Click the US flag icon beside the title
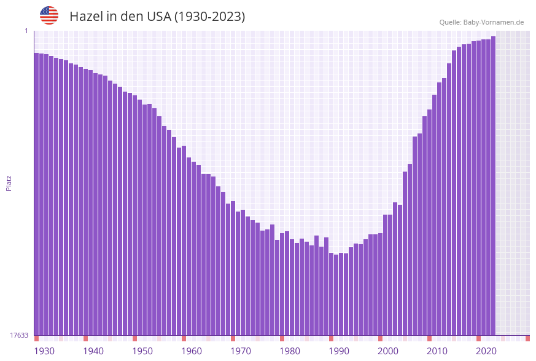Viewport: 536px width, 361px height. coord(49,15)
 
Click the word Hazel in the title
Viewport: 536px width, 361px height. coord(86,17)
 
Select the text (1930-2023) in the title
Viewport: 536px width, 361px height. coord(209,17)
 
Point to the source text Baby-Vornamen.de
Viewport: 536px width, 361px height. coord(493,22)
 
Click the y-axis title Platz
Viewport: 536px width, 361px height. coord(9,183)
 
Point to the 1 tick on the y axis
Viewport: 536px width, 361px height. coord(26,31)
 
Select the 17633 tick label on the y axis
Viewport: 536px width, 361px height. coord(19,335)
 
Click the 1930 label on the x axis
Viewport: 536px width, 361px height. coord(44,351)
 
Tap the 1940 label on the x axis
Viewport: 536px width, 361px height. coord(93,351)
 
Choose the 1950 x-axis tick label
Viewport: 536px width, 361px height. coord(142,351)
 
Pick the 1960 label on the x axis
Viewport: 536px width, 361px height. coord(192,351)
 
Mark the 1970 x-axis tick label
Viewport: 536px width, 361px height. coord(241,351)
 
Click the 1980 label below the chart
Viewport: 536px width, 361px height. coord(290,351)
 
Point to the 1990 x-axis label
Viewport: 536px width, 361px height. coord(339,351)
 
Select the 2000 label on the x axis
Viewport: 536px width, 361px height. coord(388,351)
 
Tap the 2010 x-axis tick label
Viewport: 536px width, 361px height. coord(437,351)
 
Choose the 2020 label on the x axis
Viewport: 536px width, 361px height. coord(486,351)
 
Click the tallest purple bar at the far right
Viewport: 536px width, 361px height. coord(493,184)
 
